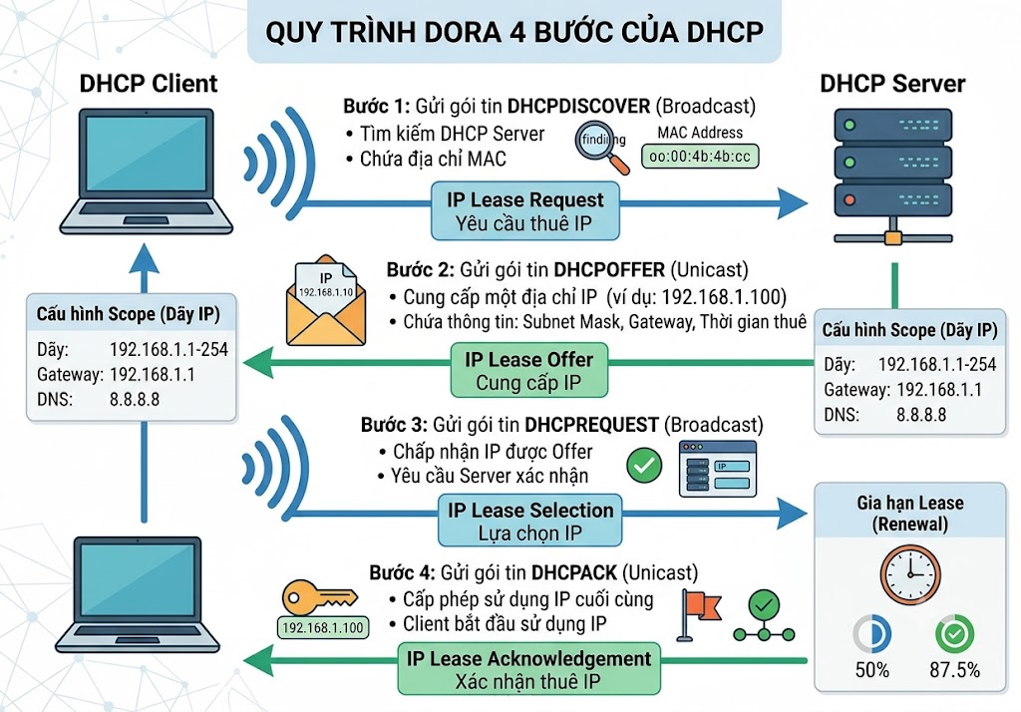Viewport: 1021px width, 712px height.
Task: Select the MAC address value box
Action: click(700, 157)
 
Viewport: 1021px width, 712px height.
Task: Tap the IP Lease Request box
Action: click(524, 211)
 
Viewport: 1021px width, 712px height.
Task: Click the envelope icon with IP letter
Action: click(326, 300)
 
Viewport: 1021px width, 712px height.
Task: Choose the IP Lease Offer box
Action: click(528, 370)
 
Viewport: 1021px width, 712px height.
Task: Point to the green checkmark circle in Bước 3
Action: click(644, 465)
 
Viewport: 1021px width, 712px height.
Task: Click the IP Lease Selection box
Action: click(530, 521)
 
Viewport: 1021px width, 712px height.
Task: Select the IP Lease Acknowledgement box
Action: click(528, 669)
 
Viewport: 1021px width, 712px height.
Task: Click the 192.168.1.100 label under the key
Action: click(323, 628)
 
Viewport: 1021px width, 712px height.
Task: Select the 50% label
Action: click(871, 670)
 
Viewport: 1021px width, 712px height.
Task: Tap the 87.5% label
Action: click(954, 670)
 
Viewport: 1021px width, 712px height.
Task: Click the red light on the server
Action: click(850, 199)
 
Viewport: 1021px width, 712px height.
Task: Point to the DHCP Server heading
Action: click(892, 84)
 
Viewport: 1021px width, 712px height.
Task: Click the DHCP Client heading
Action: click(149, 84)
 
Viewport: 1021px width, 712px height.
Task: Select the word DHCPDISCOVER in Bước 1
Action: click(578, 106)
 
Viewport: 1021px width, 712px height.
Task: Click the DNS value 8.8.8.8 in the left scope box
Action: click(135, 399)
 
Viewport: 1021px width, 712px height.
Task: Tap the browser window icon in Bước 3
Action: click(718, 469)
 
